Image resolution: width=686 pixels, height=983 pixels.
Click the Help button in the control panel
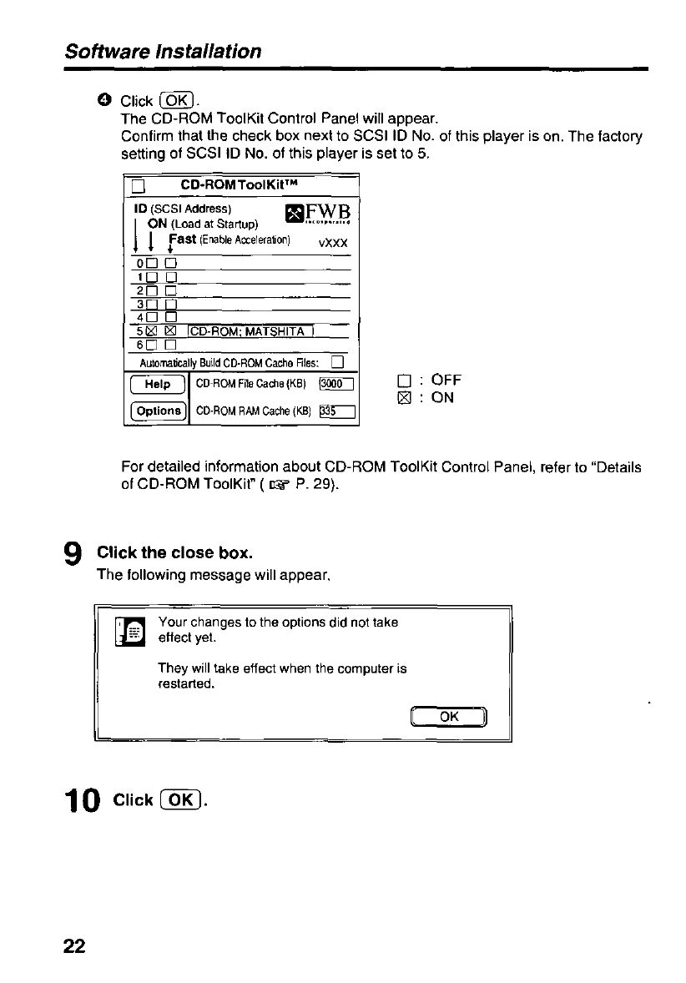point(156,385)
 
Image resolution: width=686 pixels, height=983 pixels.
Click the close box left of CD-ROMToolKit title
point(139,186)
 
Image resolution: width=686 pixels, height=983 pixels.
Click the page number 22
point(73,945)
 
